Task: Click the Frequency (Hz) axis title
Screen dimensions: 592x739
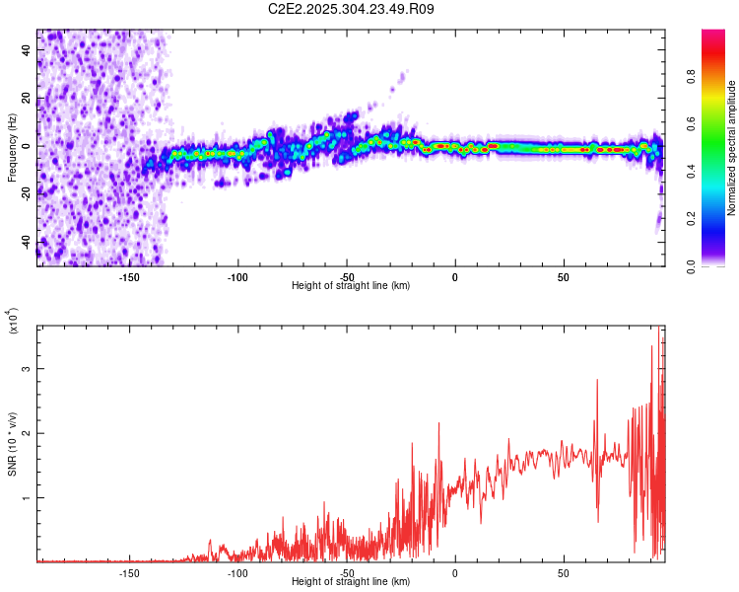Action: pyautogui.click(x=12, y=148)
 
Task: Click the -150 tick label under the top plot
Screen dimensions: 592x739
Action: pyautogui.click(x=128, y=277)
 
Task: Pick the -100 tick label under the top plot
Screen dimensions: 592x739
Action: pyautogui.click(x=237, y=277)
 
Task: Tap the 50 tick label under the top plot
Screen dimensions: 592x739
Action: pyautogui.click(x=564, y=277)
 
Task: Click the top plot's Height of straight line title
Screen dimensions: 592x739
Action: pyautogui.click(x=351, y=286)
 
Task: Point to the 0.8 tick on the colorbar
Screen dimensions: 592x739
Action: pyautogui.click(x=718, y=77)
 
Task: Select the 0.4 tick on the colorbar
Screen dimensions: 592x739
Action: pyautogui.click(x=718, y=172)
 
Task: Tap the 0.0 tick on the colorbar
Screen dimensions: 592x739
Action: pyautogui.click(x=718, y=265)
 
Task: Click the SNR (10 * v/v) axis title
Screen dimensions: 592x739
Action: pyautogui.click(x=12, y=444)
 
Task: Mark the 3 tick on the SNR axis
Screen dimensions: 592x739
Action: pyautogui.click(x=27, y=368)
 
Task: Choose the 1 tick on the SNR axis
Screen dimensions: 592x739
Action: pyautogui.click(x=27, y=498)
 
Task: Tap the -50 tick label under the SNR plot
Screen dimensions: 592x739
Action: pyautogui.click(x=346, y=573)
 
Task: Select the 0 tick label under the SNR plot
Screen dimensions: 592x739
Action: pyautogui.click(x=455, y=573)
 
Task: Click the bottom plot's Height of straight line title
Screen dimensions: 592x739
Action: pyautogui.click(x=351, y=582)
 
